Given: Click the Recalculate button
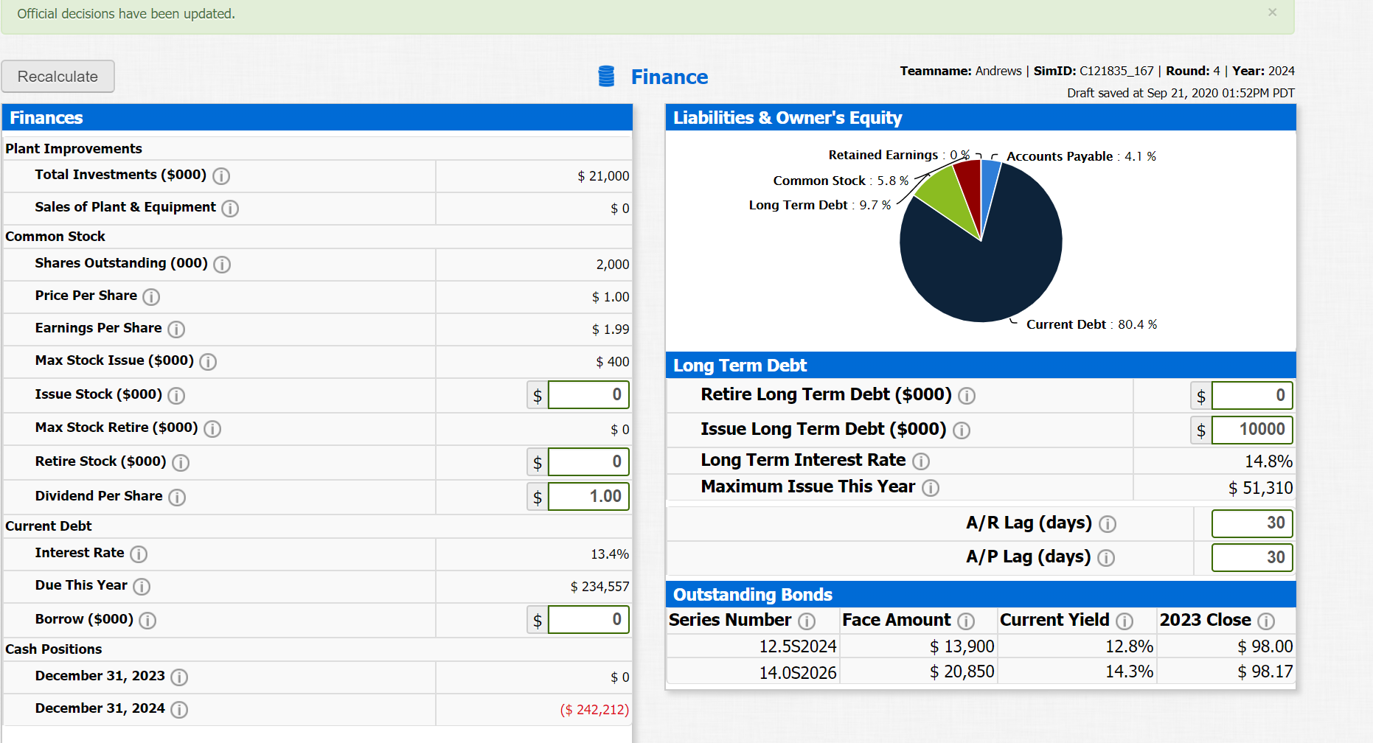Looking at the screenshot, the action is [x=58, y=77].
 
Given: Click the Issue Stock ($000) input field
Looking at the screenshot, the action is [x=588, y=395].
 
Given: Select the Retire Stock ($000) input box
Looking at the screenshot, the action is [x=588, y=462].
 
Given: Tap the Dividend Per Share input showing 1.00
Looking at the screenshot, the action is [x=588, y=497].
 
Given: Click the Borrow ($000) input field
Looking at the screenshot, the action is [x=588, y=620].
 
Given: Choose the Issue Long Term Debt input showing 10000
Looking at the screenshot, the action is [x=1252, y=430].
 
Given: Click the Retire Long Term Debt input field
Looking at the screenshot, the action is [x=1252, y=396].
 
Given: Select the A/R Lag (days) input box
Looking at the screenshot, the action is [x=1252, y=523].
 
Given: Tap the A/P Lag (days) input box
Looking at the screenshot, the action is [x=1252, y=558].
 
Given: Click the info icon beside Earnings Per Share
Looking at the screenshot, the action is [x=176, y=329].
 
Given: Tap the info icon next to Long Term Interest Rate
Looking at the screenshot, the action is [x=921, y=461].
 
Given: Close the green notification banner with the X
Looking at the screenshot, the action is [x=1272, y=13].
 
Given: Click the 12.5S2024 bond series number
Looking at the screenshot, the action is [x=798, y=646].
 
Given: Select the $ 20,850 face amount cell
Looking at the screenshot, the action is [x=962, y=672].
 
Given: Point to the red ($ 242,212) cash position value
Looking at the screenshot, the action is [x=594, y=710].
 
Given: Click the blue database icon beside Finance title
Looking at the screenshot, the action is [x=606, y=76].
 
